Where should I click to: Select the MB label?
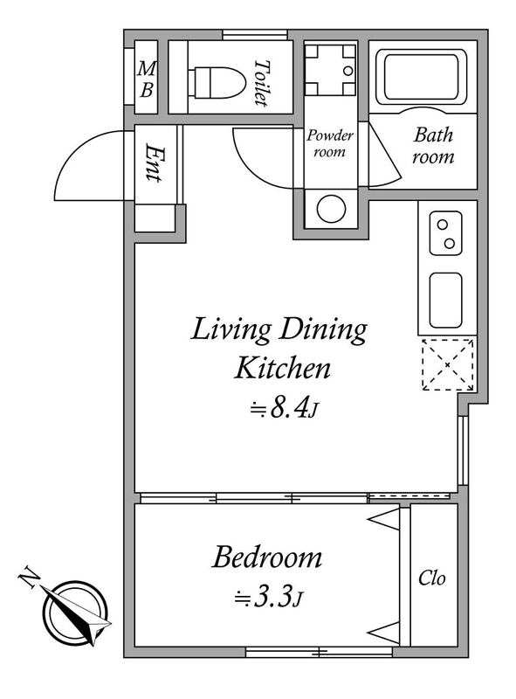point(147,80)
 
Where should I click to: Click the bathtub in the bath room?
point(421,77)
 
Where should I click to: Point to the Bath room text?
point(433,145)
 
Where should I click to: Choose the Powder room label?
point(330,143)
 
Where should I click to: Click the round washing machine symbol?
point(332,209)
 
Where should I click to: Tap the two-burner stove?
point(445,233)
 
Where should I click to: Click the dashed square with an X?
point(447,364)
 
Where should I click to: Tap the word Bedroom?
point(266,557)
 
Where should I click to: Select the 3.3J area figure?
point(269,598)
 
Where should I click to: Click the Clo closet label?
point(432,578)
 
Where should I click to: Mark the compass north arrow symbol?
point(76,613)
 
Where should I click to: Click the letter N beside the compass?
point(30,577)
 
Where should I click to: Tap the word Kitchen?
point(283,368)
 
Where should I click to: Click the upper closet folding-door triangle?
point(383,519)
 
